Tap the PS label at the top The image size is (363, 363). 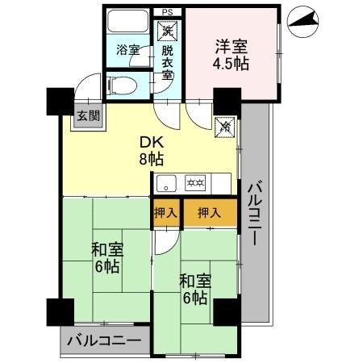tap(167, 11)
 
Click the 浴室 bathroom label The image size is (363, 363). tap(128, 50)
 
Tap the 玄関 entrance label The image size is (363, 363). tap(89, 115)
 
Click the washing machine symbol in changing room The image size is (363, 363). tap(167, 31)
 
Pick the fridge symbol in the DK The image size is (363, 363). tap(227, 126)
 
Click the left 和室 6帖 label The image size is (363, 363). tap(106, 257)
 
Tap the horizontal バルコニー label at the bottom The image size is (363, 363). tap(104, 340)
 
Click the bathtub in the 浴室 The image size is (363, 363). tap(127, 23)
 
